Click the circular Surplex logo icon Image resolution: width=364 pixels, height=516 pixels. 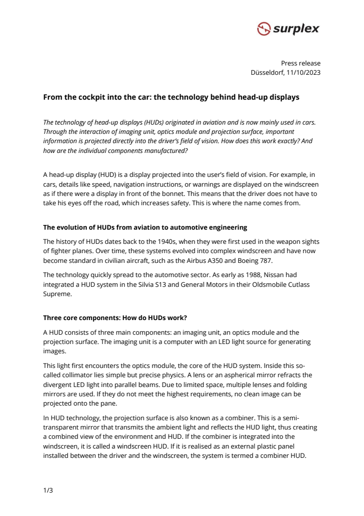pos(264,29)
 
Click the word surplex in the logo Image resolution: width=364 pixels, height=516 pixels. pos(296,29)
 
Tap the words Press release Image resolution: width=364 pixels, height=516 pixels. pos(301,64)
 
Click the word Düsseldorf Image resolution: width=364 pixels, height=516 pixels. pos(267,73)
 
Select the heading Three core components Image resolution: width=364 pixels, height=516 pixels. pos(115,318)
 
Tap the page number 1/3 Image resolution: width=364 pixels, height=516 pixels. pos(48,491)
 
